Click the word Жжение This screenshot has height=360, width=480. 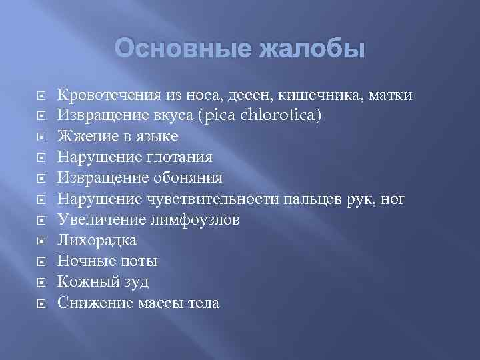point(83,137)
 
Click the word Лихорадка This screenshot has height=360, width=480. point(97,240)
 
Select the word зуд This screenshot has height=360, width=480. point(136,281)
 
